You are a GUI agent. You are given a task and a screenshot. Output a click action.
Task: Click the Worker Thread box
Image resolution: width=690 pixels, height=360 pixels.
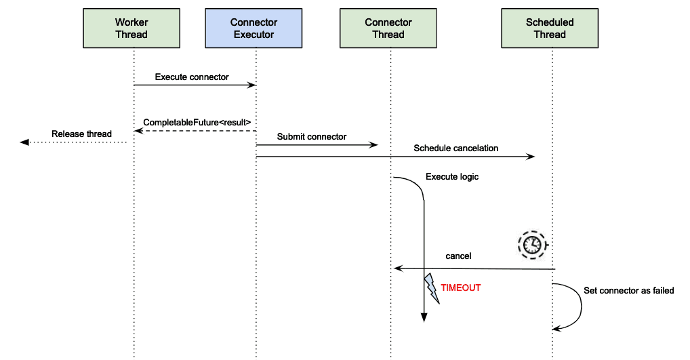(131, 28)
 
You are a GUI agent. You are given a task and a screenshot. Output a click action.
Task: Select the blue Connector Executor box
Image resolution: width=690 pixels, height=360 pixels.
(254, 28)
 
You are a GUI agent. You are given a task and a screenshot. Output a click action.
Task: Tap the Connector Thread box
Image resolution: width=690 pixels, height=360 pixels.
(388, 28)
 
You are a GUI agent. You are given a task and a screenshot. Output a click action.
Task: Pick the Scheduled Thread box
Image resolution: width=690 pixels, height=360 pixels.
(550, 28)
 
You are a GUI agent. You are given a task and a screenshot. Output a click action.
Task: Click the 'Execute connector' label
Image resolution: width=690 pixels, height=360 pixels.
(192, 77)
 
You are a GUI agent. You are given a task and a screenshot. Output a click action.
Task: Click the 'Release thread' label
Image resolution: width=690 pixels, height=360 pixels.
(81, 134)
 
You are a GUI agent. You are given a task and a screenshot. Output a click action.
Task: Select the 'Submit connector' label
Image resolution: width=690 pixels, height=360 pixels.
(312, 136)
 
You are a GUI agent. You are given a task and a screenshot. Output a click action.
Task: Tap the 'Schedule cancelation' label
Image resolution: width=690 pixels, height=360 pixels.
(456, 148)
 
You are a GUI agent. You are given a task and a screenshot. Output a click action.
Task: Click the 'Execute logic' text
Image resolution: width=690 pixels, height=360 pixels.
(452, 177)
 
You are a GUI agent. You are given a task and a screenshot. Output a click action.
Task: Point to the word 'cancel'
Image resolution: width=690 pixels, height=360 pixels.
(458, 256)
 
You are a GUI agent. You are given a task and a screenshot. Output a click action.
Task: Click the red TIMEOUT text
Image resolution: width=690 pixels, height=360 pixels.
(461, 287)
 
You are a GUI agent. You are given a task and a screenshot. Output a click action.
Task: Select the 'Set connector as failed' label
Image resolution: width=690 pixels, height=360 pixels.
(629, 290)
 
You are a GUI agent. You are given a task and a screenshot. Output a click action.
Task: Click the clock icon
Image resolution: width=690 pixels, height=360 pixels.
(531, 245)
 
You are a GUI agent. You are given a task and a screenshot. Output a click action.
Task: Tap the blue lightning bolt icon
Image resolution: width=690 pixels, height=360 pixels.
(431, 288)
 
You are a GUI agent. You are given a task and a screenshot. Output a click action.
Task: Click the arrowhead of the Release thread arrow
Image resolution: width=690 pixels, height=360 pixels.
(24, 142)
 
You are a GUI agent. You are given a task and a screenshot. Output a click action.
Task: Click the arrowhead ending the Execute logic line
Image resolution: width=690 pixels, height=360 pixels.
(424, 317)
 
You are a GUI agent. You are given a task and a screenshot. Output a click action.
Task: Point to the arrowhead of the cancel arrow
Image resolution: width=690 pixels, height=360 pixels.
(399, 268)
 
